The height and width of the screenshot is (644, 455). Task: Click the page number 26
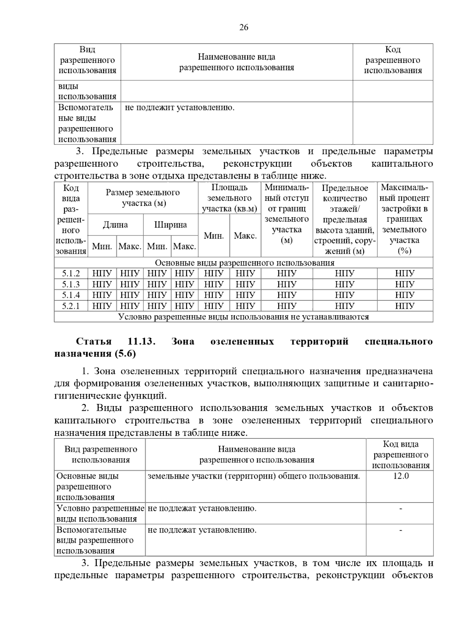click(244, 27)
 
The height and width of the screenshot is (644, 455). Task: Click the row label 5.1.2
click(71, 273)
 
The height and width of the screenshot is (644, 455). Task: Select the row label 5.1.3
click(71, 284)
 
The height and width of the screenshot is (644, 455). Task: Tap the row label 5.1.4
click(71, 295)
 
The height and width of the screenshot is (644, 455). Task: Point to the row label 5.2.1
click(71, 306)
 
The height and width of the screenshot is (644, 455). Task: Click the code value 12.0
click(400, 476)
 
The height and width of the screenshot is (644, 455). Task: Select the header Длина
click(115, 225)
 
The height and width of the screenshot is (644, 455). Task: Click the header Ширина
click(170, 225)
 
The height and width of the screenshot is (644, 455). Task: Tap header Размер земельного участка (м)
click(143, 198)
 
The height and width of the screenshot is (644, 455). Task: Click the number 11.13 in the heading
click(142, 341)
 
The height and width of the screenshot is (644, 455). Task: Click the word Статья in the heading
click(94, 341)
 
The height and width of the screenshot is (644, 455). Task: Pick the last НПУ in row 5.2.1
click(405, 306)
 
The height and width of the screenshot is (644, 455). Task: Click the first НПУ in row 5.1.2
click(102, 273)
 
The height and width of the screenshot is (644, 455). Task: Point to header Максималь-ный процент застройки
click(405, 219)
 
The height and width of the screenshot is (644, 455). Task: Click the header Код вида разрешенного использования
click(400, 455)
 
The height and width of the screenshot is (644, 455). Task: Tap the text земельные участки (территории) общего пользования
click(253, 476)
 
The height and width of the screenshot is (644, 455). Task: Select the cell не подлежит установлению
click(180, 108)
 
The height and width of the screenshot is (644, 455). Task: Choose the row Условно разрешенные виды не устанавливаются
click(243, 317)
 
